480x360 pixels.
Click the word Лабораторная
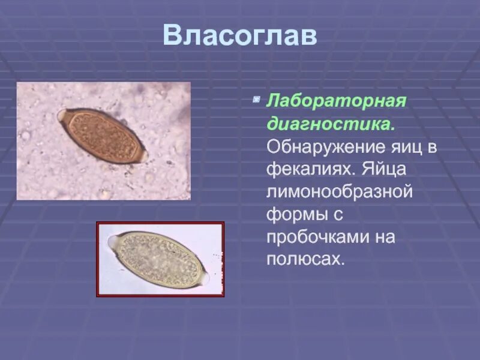(337, 101)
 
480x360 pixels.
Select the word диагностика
(330, 124)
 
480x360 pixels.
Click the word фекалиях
(312, 169)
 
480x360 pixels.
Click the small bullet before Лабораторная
(256, 97)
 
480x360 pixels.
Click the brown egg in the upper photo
(102, 136)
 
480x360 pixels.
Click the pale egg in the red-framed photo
(159, 259)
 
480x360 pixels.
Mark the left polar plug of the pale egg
(112, 242)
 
